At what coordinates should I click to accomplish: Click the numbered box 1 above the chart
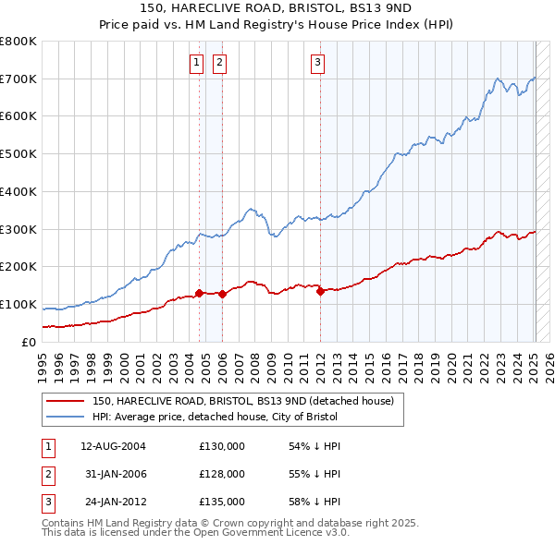pos(197,63)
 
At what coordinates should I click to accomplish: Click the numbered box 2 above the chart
pos(219,63)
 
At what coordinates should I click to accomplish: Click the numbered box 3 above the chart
pos(317,63)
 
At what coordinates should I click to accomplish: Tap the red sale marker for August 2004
pos(199,293)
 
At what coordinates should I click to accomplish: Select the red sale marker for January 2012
pos(320,291)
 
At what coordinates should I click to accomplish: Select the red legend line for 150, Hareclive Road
pos(66,401)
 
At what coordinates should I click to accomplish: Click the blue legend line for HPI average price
pos(66,416)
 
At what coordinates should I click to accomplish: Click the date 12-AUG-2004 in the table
pos(113,446)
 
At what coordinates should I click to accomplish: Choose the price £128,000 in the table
pos(222,474)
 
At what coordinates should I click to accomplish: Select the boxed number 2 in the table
pos(46,474)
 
